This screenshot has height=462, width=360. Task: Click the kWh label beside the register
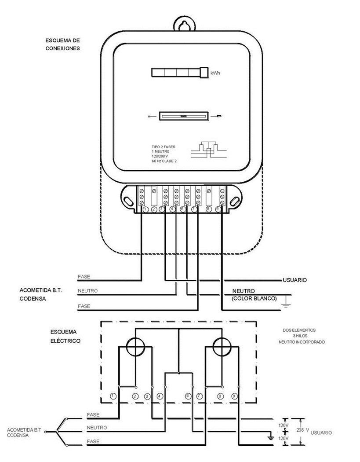coord(215,73)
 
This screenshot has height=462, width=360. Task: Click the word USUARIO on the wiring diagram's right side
coord(295,280)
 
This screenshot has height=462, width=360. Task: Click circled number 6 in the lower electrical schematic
coord(188,396)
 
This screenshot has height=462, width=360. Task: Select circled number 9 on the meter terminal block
coord(218,210)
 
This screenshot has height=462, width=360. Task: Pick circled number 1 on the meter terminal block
coord(145,210)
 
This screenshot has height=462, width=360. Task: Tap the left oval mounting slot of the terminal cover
coord(128,200)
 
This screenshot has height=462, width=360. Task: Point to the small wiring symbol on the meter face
coord(208,149)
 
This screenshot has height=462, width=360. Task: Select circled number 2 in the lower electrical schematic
coord(135,396)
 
